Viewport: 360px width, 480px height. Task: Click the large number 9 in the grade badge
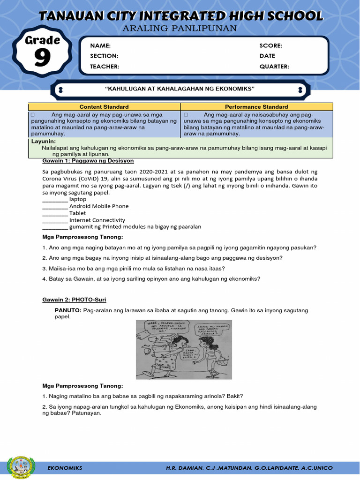pyautogui.click(x=42, y=59)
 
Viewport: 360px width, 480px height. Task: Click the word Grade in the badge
pyautogui.click(x=42, y=40)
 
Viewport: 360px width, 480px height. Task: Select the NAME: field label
pyautogui.click(x=100, y=45)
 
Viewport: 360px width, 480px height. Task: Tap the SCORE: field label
pyautogui.click(x=270, y=45)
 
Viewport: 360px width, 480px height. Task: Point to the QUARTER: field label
pyautogui.click(x=274, y=67)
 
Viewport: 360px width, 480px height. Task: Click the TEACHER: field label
pyautogui.click(x=105, y=67)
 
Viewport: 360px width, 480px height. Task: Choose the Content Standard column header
pyautogui.click(x=104, y=107)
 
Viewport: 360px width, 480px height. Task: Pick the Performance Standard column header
pyautogui.click(x=256, y=107)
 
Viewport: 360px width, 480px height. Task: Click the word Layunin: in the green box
pyautogui.click(x=44, y=141)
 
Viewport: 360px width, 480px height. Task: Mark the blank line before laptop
pyautogui.click(x=55, y=200)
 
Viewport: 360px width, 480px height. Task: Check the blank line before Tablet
pyautogui.click(x=55, y=213)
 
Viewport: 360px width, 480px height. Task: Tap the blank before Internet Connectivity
pyautogui.click(x=55, y=220)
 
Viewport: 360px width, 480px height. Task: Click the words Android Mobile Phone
pyautogui.click(x=99, y=206)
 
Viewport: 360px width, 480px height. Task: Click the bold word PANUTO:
pyautogui.click(x=68, y=311)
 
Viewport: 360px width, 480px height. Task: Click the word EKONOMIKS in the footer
pyautogui.click(x=65, y=468)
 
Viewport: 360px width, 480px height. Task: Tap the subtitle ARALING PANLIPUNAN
pyautogui.click(x=180, y=29)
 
